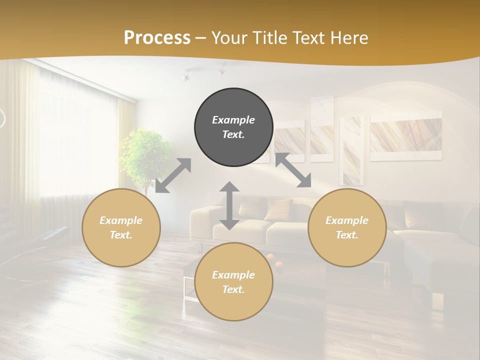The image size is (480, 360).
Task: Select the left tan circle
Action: pyautogui.click(x=121, y=227)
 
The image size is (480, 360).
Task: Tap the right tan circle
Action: pyautogui.click(x=347, y=227)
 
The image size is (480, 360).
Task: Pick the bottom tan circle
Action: pyautogui.click(x=233, y=282)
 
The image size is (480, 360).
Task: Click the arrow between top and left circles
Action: pyautogui.click(x=173, y=175)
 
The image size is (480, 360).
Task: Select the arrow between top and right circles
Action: pyautogui.click(x=293, y=170)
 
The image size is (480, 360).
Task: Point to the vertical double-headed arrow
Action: pyautogui.click(x=229, y=205)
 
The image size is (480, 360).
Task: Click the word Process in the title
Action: pyautogui.click(x=157, y=37)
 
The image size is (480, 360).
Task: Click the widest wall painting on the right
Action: pyautogui.click(x=406, y=136)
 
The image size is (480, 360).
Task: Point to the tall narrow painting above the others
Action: pyautogui.click(x=321, y=129)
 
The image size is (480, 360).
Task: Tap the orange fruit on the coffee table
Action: pyautogui.click(x=270, y=257)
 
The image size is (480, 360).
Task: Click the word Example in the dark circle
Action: pyautogui.click(x=233, y=120)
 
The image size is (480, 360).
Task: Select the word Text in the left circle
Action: pyautogui.click(x=121, y=235)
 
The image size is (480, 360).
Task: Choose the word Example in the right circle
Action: pyautogui.click(x=347, y=220)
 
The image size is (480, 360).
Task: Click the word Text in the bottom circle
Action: pyautogui.click(x=233, y=289)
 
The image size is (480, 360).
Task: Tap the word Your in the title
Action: pyautogui.click(x=229, y=37)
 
